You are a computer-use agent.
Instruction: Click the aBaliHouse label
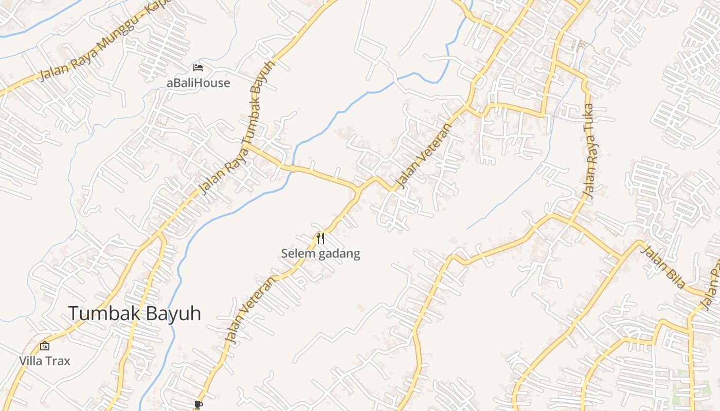coord(198,83)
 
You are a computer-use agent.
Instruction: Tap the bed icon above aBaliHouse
coord(198,67)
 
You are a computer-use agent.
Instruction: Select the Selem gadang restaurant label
coord(320,253)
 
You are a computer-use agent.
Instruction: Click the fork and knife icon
coord(320,238)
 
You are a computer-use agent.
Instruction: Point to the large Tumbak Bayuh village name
coord(134,313)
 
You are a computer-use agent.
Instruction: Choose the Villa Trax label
coord(45,361)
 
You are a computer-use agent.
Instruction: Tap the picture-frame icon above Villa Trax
coord(45,346)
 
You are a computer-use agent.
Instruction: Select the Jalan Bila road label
coord(664,267)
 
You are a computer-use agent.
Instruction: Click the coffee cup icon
coord(199,405)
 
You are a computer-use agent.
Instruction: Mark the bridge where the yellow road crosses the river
coord(292,168)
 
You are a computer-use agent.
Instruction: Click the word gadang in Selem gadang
coord(340,253)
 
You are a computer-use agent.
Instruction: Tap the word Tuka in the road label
coord(589,116)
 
